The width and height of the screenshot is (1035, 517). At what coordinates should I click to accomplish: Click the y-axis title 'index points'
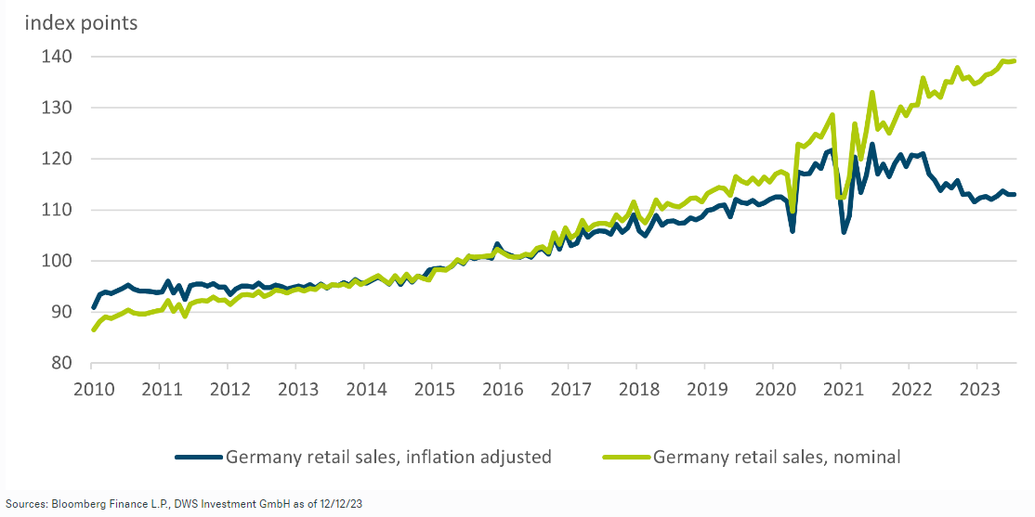click(x=81, y=23)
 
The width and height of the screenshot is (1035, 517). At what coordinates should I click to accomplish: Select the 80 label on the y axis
click(x=62, y=363)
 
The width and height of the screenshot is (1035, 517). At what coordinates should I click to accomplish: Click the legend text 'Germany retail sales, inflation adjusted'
click(x=388, y=457)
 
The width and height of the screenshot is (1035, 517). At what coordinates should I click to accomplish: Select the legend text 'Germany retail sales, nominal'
click(x=777, y=457)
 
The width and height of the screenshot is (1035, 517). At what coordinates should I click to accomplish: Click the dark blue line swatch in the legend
click(x=199, y=457)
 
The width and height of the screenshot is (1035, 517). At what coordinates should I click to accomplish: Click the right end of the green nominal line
click(x=1014, y=61)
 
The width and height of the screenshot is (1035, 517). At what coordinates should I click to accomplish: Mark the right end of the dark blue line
click(x=1014, y=194)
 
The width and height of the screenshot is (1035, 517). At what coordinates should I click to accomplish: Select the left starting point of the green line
click(x=94, y=330)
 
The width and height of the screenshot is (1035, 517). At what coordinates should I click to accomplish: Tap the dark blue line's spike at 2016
click(x=497, y=244)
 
